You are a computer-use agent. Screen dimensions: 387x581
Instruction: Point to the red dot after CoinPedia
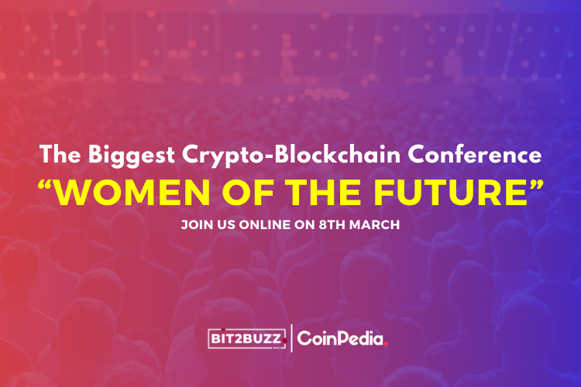pos(386,343)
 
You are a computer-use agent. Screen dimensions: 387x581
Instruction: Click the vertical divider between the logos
pos(291,337)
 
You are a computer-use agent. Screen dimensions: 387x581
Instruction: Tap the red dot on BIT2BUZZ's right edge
pos(284,341)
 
